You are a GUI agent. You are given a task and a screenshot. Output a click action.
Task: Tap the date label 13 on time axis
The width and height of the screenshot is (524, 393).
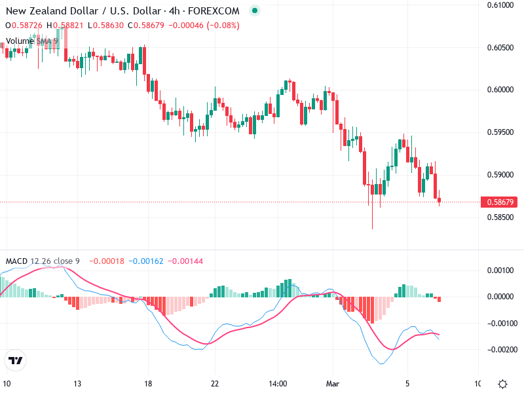pos(77,383)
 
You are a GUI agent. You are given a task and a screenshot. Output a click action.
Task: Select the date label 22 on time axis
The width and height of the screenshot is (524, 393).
pos(214,383)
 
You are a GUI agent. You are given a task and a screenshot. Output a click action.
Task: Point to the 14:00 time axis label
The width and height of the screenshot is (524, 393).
pos(278,383)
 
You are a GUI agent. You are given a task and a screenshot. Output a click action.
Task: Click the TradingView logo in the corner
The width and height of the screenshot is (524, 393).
pos(16,361)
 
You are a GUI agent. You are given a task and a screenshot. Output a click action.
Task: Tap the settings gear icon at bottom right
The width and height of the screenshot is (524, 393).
pos(502,384)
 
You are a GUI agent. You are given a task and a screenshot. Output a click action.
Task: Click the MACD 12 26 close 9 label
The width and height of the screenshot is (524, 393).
pos(43,261)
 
